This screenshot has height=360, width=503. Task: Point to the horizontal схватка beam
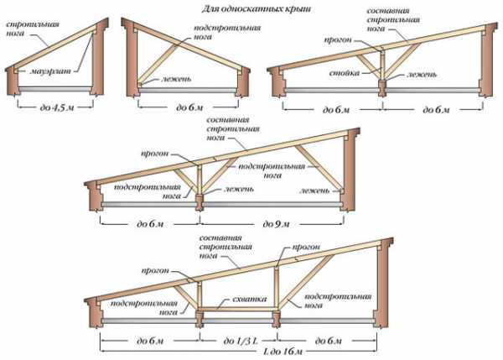[x=238, y=308]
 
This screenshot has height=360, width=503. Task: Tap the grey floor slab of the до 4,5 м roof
[x=49, y=88]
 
